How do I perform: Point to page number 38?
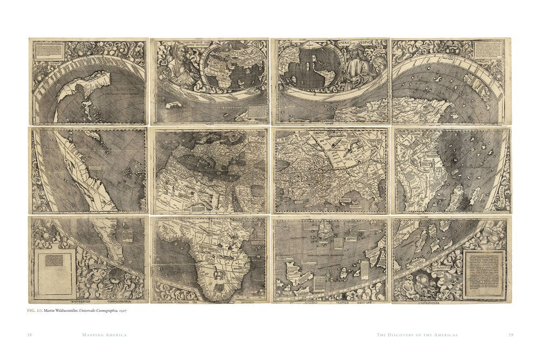point(30,335)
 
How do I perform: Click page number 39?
point(510,335)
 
